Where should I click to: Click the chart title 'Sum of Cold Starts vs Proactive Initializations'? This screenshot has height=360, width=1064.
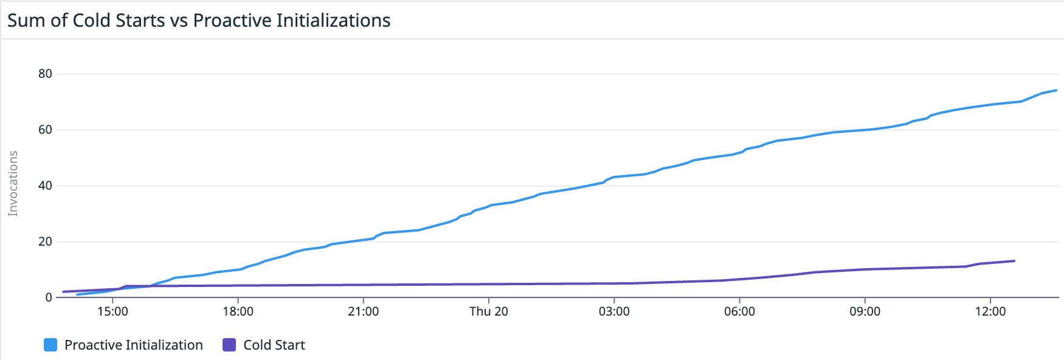(199, 21)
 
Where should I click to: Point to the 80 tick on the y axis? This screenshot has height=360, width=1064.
(45, 74)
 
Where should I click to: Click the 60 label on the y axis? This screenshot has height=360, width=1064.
(45, 130)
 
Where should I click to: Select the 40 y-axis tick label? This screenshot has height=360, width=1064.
(45, 186)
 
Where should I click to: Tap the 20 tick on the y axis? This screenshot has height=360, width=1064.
(45, 242)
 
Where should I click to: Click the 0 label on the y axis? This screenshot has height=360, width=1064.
(49, 298)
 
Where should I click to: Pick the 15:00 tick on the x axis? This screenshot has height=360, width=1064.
(112, 312)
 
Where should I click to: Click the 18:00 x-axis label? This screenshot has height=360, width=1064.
(238, 312)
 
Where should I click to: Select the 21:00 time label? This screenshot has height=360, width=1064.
(363, 312)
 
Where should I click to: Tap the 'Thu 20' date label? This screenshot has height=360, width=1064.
(488, 312)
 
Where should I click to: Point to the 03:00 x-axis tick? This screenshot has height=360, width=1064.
(614, 312)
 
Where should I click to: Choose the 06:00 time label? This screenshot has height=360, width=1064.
(739, 312)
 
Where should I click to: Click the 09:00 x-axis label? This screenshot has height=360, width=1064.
(865, 312)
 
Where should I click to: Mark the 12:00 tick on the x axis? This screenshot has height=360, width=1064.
(990, 312)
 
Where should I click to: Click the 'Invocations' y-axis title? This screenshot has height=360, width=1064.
(13, 184)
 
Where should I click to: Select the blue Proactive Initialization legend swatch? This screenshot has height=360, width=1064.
(50, 345)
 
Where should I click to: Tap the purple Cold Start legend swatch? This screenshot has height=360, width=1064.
(229, 345)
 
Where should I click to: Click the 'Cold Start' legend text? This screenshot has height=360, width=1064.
(274, 345)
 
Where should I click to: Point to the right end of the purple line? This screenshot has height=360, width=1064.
(1014, 261)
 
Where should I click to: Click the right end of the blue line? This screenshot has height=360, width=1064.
(1056, 91)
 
